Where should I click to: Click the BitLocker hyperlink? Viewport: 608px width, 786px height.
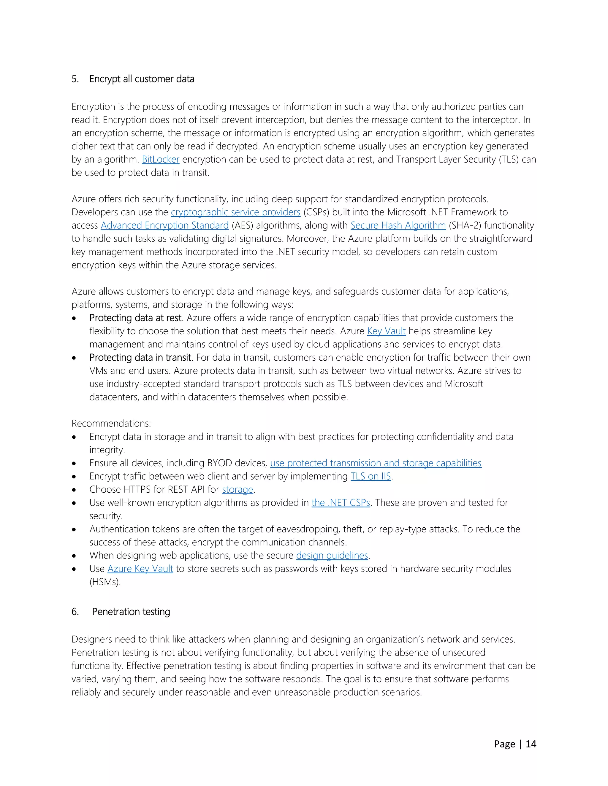(160, 160)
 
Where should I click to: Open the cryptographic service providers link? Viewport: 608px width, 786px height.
(235, 212)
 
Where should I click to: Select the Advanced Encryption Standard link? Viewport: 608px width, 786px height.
(164, 226)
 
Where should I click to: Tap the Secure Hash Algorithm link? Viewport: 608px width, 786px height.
(398, 226)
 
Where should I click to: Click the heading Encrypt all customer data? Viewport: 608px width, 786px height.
(142, 79)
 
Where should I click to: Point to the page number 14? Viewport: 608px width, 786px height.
(531, 744)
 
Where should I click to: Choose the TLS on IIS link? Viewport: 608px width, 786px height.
(370, 477)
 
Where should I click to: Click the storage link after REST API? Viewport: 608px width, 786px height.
(237, 490)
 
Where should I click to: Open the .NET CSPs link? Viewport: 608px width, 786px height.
(341, 503)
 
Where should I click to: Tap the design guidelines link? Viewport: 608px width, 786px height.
(332, 556)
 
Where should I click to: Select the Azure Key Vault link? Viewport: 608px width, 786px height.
(140, 569)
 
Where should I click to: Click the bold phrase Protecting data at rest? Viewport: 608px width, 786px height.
(135, 318)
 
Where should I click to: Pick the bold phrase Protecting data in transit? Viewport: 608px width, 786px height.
(140, 358)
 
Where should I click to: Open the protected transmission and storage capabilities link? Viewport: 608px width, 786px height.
(376, 463)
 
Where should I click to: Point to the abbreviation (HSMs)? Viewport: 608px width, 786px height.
(105, 582)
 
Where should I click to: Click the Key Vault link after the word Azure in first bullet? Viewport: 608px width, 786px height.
(386, 331)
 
